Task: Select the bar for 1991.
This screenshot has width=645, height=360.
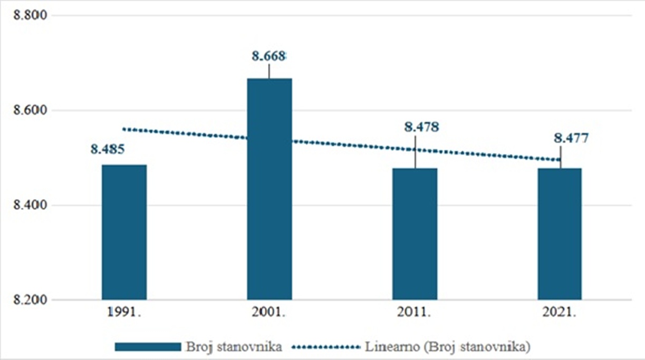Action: (124, 232)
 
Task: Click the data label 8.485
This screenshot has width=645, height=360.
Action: (107, 150)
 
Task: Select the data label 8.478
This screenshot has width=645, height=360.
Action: (421, 127)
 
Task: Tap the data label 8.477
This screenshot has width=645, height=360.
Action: (571, 139)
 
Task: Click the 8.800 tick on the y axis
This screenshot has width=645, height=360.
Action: (30, 15)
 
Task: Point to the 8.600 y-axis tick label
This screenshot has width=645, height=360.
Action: (30, 110)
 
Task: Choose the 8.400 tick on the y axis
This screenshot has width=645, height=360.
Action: (30, 205)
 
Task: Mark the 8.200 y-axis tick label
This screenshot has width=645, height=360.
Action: (30, 300)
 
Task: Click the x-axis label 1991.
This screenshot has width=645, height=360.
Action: (124, 313)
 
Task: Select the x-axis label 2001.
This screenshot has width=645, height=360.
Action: (269, 313)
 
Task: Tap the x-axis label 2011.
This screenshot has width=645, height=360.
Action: (415, 313)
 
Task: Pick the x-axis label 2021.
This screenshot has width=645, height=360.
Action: (560, 313)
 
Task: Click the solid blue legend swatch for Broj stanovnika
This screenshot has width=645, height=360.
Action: (148, 347)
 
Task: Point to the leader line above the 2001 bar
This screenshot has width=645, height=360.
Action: (269, 71)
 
